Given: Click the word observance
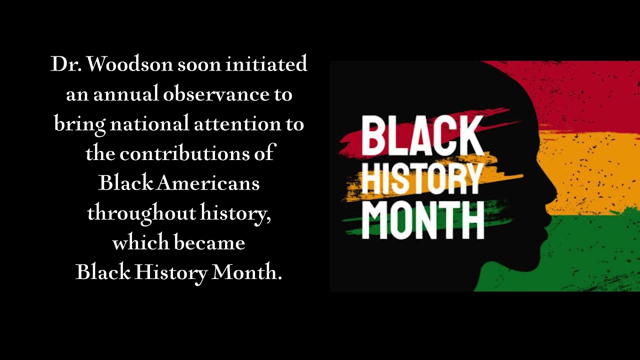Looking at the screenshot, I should (215, 94).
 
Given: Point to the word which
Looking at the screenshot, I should (141, 242).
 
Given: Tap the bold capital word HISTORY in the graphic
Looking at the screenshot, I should (422, 178).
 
